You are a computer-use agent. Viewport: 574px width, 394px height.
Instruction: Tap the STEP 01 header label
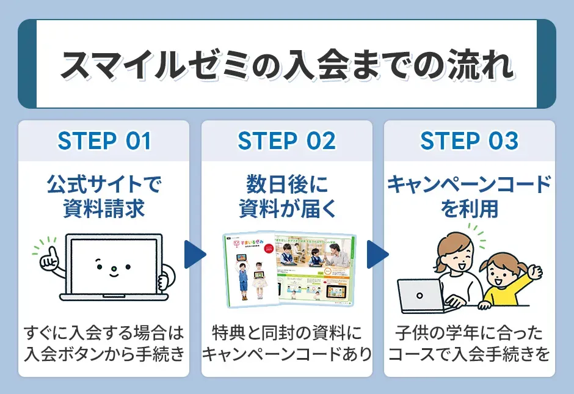pyautogui.click(x=104, y=141)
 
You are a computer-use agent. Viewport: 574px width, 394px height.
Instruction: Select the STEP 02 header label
pyautogui.click(x=286, y=141)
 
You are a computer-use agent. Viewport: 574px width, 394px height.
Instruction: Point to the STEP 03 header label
pyautogui.click(x=469, y=141)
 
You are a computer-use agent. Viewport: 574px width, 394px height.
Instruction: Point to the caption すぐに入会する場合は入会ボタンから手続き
pyautogui.click(x=104, y=343)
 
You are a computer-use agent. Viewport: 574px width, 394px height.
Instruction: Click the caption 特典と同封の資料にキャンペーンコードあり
pyautogui.click(x=286, y=343)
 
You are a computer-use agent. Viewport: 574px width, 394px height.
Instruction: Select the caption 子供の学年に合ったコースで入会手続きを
pyautogui.click(x=469, y=343)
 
